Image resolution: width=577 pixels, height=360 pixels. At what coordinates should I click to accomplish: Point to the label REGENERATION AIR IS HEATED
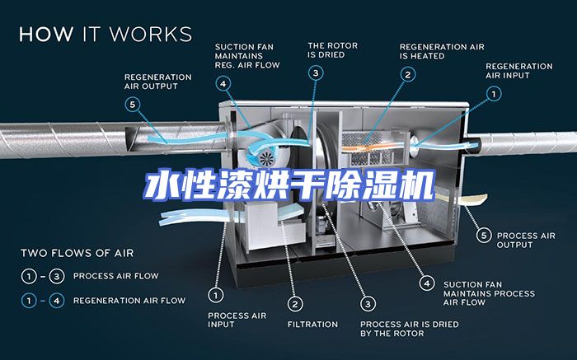(x=442, y=51)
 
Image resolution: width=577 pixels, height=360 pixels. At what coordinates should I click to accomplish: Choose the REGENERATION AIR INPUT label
(x=518, y=70)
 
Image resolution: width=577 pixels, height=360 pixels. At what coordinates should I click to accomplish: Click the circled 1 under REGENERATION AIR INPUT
(x=494, y=94)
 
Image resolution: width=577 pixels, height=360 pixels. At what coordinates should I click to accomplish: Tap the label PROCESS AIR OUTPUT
(x=526, y=240)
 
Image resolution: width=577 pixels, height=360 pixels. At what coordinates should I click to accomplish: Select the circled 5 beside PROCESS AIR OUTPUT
(x=484, y=236)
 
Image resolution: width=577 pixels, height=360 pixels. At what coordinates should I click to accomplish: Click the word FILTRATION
(x=312, y=324)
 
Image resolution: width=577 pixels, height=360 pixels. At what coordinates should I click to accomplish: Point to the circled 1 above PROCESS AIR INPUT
(x=216, y=293)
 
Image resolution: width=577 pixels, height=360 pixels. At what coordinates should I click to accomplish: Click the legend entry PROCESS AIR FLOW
(x=115, y=276)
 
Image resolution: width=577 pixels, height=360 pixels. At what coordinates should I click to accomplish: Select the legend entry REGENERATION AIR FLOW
(x=129, y=300)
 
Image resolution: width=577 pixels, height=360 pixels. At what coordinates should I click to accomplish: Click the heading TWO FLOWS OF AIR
(x=77, y=253)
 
